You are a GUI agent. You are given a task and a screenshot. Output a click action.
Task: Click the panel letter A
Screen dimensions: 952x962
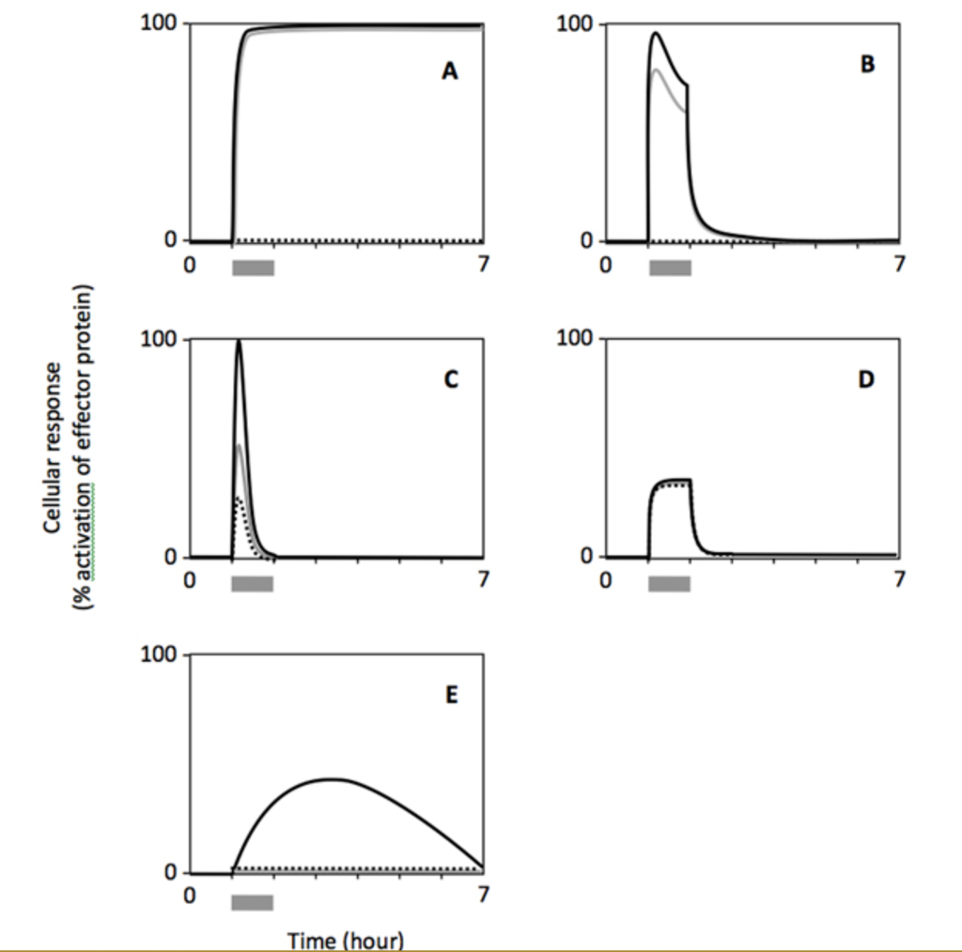[451, 71]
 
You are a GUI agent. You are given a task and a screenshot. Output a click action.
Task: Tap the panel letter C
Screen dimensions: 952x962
[451, 379]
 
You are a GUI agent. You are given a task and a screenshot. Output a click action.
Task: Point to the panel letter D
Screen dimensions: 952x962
[866, 379]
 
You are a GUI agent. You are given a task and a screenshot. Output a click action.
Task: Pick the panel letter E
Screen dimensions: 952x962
[451, 696]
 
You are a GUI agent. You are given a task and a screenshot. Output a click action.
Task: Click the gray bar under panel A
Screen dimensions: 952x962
[253, 268]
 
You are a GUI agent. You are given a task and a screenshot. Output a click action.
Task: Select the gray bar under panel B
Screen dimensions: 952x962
[670, 268]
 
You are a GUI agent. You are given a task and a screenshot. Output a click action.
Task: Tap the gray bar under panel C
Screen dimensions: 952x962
[253, 583]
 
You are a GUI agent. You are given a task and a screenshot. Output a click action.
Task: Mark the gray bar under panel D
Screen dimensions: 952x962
[670, 583]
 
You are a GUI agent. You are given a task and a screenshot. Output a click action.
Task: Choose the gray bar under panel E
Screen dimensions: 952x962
[253, 901]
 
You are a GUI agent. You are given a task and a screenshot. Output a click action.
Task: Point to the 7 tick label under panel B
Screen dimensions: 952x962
[900, 265]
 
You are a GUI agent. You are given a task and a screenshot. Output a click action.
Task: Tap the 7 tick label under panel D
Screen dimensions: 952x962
[900, 580]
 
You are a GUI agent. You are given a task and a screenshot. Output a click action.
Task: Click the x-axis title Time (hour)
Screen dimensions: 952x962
[346, 939]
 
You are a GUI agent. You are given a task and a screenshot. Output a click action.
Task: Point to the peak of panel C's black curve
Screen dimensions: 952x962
[239, 341]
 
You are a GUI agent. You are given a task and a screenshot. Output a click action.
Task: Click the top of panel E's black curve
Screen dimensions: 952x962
[333, 778]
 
